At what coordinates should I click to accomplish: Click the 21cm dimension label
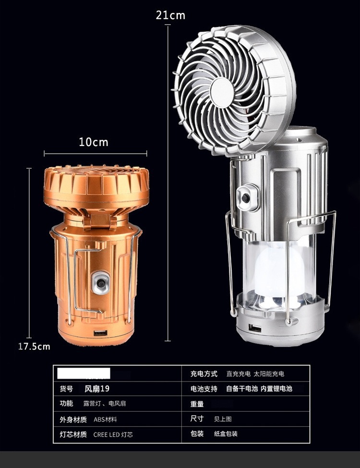pos(170,15)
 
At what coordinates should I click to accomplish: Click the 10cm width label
pos(93,142)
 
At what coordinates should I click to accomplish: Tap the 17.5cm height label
pos(34,346)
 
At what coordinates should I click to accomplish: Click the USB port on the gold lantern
pos(100,333)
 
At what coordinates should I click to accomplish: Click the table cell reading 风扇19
pos(97,389)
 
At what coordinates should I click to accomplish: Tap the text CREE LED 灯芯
pos(113,434)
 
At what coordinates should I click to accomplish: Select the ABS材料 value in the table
pos(105,419)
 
